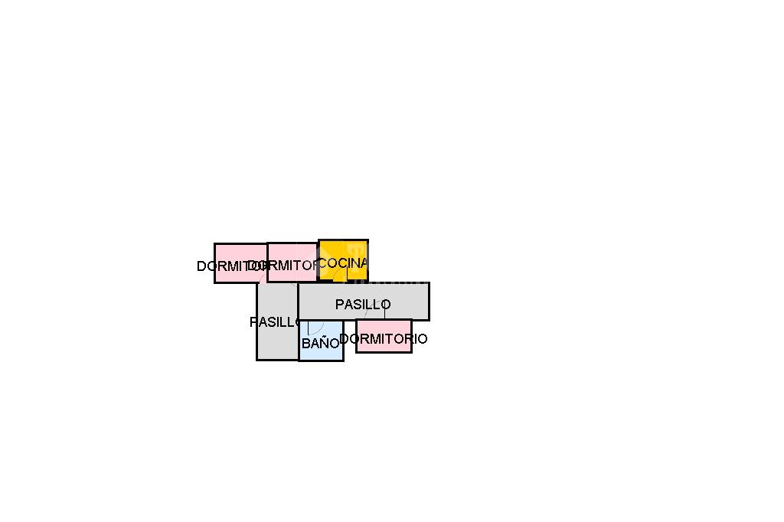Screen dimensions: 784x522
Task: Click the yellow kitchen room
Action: pyautogui.click(x=343, y=251)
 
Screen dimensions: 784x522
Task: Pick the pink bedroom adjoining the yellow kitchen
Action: pyautogui.click(x=292, y=254)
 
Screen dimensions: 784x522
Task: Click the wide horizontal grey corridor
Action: pyautogui.click(x=398, y=295)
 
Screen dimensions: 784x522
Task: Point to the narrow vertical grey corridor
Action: pyautogui.click(x=276, y=341)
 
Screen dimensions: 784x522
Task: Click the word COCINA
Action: pyautogui.click(x=342, y=263)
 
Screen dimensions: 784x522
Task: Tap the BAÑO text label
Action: pyautogui.click(x=320, y=344)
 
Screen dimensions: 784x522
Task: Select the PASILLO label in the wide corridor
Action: pyautogui.click(x=363, y=305)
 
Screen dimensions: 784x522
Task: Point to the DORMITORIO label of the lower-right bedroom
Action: pyautogui.click(x=383, y=338)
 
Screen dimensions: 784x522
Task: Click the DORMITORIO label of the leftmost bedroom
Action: pyautogui.click(x=230, y=266)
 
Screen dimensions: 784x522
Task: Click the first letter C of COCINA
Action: pyautogui.click(x=322, y=263)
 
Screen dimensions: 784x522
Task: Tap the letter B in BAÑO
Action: pyautogui.click(x=305, y=344)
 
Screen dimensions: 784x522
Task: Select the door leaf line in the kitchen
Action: pyautogui.click(x=347, y=273)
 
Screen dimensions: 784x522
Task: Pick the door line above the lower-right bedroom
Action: pyautogui.click(x=384, y=313)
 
